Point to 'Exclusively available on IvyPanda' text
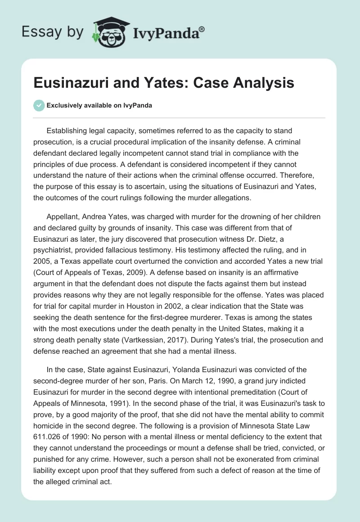[99, 105]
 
